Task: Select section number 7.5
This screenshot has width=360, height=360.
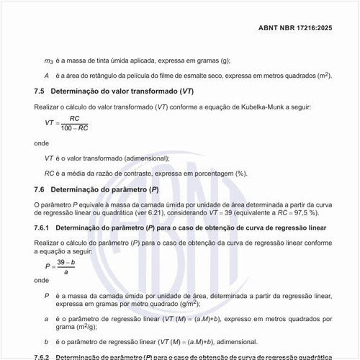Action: pos(40,91)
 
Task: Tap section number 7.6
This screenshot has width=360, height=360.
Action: pos(40,189)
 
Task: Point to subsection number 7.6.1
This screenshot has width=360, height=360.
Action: pos(42,228)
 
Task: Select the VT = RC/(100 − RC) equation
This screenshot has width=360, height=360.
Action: pos(66,123)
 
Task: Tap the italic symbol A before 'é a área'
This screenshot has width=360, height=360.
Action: pos(47,75)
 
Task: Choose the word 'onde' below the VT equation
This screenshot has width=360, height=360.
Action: pos(42,143)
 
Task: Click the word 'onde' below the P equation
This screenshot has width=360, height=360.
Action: pos(42,281)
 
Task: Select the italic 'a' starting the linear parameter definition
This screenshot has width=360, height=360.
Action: pos(47,318)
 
